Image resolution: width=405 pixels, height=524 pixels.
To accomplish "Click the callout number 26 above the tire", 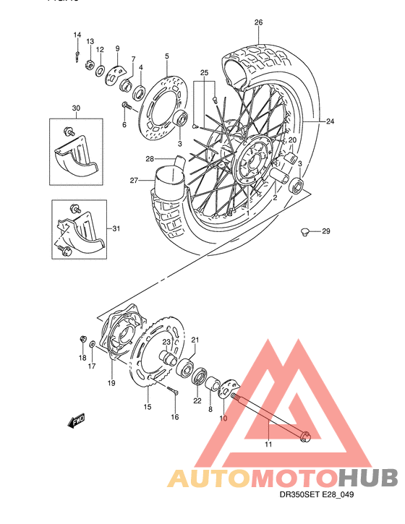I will (x=258, y=22).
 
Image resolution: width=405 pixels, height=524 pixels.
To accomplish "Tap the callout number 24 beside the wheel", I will (x=331, y=121).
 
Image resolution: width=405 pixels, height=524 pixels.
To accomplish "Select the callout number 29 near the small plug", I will (x=325, y=231).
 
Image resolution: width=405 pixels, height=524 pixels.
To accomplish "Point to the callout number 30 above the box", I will (x=76, y=108).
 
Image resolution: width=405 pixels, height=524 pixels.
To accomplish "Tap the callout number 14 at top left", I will (x=77, y=35).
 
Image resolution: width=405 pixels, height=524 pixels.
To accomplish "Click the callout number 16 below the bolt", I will (x=174, y=417).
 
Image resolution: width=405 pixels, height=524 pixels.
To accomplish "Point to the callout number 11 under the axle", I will (x=268, y=444).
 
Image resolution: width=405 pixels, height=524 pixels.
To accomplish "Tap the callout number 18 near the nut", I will (x=82, y=358).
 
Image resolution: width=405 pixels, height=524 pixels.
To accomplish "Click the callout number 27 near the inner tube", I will (x=133, y=181).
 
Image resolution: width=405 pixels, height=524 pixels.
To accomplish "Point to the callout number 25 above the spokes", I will (x=204, y=73).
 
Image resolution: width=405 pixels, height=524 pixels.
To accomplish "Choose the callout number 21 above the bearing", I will (x=195, y=340).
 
